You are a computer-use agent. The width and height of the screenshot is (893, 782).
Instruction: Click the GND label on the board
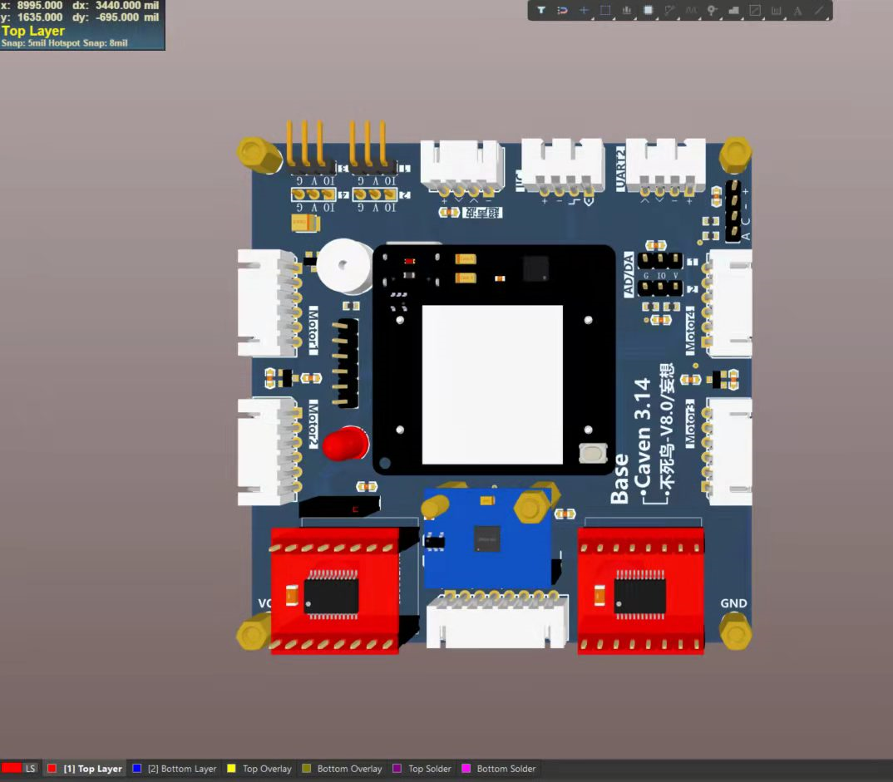tap(733, 603)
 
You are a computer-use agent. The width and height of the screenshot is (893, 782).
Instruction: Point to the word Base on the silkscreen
tap(619, 479)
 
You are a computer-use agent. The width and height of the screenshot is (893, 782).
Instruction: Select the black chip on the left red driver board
tap(331, 595)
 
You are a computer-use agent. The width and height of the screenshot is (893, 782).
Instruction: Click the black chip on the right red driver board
tap(639, 595)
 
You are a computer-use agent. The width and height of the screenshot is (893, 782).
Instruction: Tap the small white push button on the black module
tap(591, 454)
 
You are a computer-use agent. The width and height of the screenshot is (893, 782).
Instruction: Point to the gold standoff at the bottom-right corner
tap(735, 632)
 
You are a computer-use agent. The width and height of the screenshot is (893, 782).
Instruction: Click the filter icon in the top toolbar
tap(541, 11)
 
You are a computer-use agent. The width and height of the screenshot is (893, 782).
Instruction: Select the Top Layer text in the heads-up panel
tap(33, 31)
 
